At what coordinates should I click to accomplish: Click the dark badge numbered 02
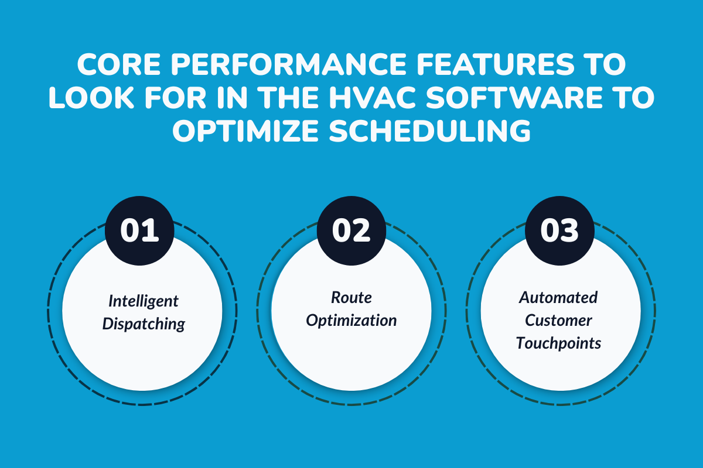(x=351, y=230)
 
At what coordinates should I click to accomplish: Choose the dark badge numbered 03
(x=559, y=230)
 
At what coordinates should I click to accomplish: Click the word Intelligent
(x=144, y=302)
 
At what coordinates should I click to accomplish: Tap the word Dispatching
(x=144, y=324)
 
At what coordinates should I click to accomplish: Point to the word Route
(x=351, y=298)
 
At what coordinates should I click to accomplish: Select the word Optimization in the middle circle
(x=351, y=321)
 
